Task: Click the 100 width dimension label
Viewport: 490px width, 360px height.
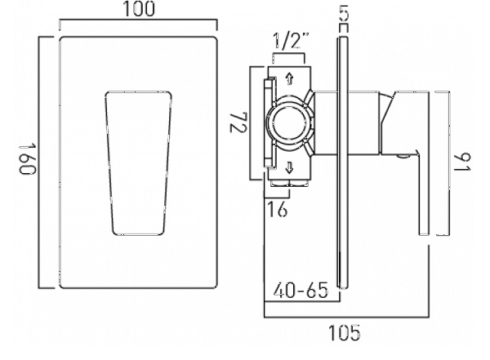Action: click(x=139, y=9)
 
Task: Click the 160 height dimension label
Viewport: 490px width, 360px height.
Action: click(x=29, y=159)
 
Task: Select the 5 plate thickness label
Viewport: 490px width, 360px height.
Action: click(x=343, y=13)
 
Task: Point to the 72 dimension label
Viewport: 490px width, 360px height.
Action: click(x=238, y=122)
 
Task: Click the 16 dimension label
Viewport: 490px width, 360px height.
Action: click(x=278, y=209)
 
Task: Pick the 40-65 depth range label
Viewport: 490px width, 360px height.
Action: click(x=301, y=291)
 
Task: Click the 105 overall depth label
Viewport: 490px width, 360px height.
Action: click(x=345, y=333)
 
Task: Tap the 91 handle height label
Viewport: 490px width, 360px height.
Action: click(x=462, y=162)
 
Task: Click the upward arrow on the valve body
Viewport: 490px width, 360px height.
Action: click(x=289, y=78)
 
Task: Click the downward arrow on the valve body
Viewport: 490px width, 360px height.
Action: click(x=289, y=168)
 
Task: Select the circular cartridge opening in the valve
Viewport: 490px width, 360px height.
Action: click(x=289, y=123)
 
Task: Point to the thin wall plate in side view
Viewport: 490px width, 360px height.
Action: click(x=343, y=162)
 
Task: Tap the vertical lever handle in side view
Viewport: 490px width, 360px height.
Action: click(x=423, y=193)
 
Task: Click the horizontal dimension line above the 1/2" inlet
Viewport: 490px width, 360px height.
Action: click(x=288, y=55)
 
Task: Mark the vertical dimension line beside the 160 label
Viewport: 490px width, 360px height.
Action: click(x=39, y=162)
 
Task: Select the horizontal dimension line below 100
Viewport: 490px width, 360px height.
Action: click(x=138, y=20)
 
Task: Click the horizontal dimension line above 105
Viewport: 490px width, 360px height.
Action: click(x=346, y=318)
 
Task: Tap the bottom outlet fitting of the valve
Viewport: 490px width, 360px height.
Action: click(x=289, y=184)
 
